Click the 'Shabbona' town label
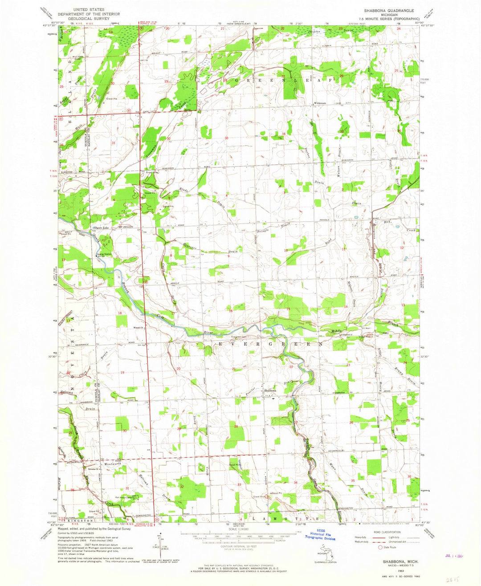pos(270,391)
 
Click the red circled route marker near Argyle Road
pos(145,281)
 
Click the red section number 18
pos(119,313)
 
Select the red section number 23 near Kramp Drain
pos(348,365)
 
